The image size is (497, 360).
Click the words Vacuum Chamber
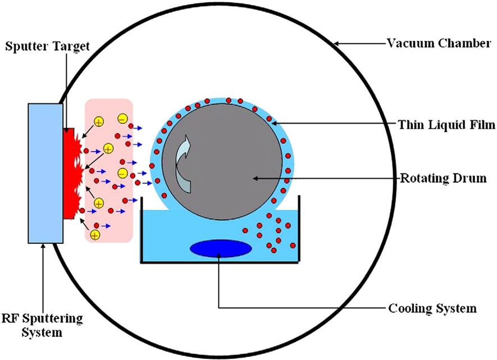pyautogui.click(x=440, y=43)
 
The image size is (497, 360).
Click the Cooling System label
pyautogui.click(x=432, y=308)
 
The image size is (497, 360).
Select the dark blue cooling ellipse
pyautogui.click(x=220, y=248)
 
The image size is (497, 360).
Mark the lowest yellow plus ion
pyautogui.click(x=95, y=233)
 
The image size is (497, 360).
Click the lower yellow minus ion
pyautogui.click(x=122, y=172)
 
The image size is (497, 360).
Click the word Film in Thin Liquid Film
pyautogui.click(x=481, y=125)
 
